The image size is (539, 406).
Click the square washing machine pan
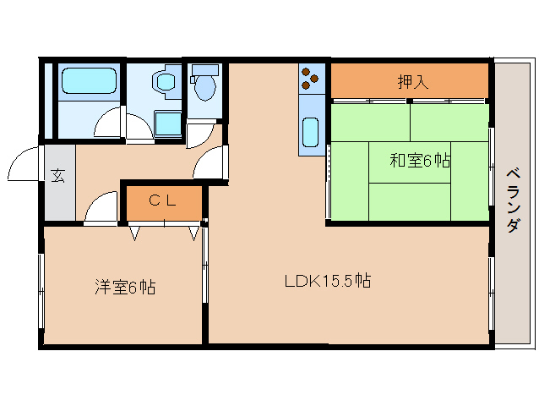click(x=167, y=123)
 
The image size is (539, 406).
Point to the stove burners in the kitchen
click(x=310, y=79)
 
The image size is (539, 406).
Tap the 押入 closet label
click(x=412, y=82)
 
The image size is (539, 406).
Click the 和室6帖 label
click(x=420, y=160)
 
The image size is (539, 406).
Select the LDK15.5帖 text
click(x=328, y=280)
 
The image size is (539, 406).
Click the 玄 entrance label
click(x=57, y=176)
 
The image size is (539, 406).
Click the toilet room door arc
click(x=201, y=134)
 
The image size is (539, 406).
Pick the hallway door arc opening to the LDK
click(x=211, y=162)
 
